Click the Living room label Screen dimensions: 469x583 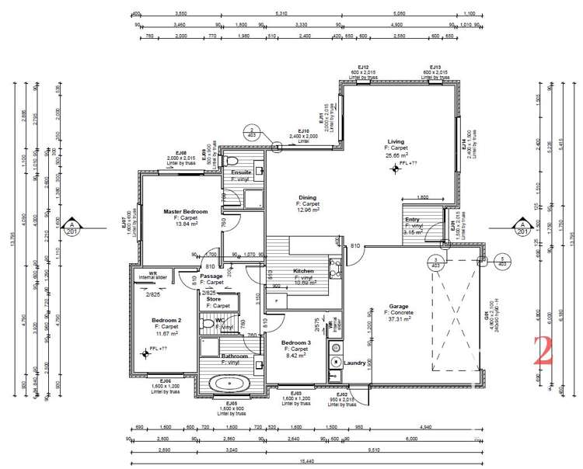click(396, 142)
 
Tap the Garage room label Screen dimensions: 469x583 click(398, 306)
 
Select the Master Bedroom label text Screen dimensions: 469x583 click(185, 211)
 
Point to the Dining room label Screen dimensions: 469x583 click(308, 198)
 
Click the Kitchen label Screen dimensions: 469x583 click(303, 271)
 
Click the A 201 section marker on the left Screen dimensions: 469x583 click(72, 226)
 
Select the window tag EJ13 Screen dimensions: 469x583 click(435, 68)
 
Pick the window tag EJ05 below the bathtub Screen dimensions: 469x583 click(232, 404)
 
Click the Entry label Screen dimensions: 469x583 click(412, 220)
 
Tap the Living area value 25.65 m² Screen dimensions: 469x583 click(396, 155)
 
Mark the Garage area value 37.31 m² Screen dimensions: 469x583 click(398, 319)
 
